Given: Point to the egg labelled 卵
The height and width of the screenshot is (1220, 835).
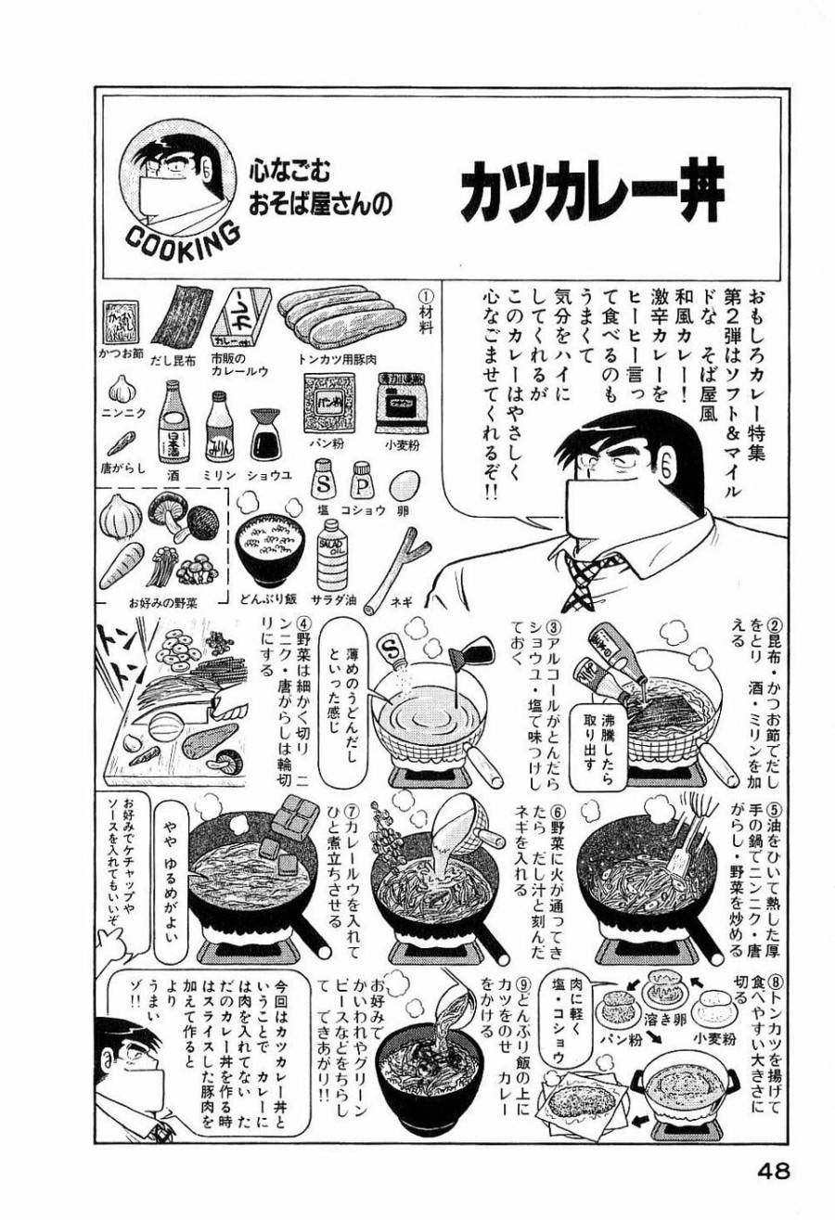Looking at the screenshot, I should click(x=403, y=484).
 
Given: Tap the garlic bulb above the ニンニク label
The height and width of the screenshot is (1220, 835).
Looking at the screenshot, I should click(x=122, y=388).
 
